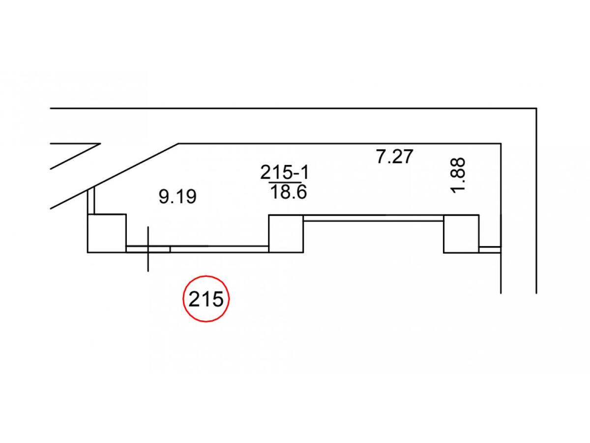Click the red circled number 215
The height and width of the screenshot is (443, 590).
click(x=206, y=299)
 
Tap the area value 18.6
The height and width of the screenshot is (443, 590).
click(x=288, y=192)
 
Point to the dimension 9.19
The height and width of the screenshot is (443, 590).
click(x=177, y=197)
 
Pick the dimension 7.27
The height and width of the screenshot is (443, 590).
click(x=394, y=157)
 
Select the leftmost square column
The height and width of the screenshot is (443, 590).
click(x=107, y=233)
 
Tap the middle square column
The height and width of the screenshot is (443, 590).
click(x=286, y=233)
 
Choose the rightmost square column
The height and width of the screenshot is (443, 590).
click(x=461, y=233)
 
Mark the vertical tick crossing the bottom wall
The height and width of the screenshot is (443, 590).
click(x=148, y=249)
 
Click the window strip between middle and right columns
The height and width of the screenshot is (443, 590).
click(x=374, y=218)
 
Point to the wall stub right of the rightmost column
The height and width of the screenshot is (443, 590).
click(x=490, y=250)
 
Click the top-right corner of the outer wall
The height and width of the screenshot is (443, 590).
click(x=536, y=108)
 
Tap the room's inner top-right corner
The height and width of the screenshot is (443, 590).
click(x=501, y=144)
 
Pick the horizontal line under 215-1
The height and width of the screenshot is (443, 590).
click(x=285, y=182)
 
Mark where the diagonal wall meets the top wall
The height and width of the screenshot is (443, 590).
click(x=178, y=144)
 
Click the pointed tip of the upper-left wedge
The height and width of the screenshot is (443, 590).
click(x=100, y=144)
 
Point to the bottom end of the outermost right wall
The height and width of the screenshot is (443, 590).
click(x=536, y=292)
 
